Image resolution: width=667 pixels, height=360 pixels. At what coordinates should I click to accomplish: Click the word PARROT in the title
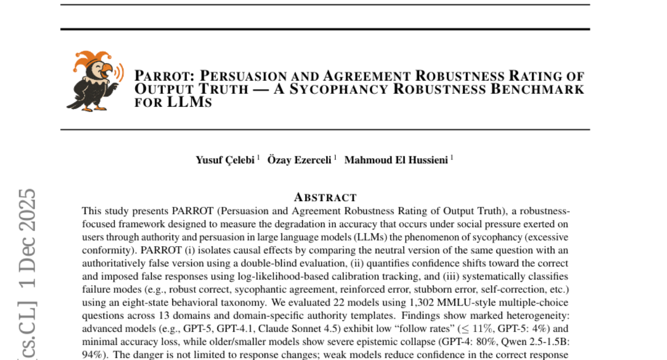pos(163,76)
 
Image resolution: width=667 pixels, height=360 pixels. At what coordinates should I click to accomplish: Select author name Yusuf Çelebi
pos(225,160)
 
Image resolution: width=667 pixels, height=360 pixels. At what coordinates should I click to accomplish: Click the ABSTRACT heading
pos(325,197)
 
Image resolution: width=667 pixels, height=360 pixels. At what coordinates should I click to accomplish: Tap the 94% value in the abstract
pos(92,354)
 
